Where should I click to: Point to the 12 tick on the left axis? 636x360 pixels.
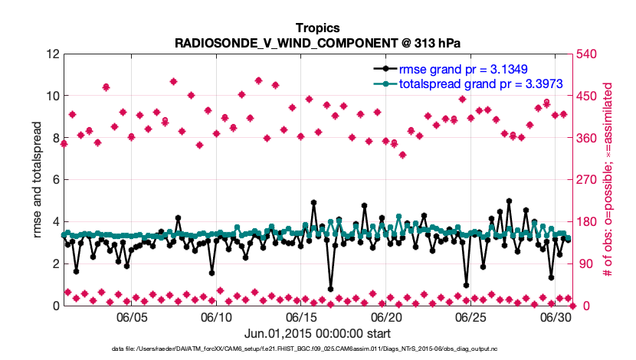(x=52, y=54)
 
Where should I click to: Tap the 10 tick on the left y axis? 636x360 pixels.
(x=52, y=97)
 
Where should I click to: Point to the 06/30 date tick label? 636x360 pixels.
(x=556, y=317)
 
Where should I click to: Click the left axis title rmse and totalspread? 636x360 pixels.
(x=38, y=180)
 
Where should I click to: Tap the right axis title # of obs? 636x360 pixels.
(x=607, y=180)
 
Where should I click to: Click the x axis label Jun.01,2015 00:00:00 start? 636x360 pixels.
(x=317, y=333)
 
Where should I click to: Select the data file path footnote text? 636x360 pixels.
(x=317, y=349)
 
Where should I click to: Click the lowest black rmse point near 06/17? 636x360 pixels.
(x=330, y=290)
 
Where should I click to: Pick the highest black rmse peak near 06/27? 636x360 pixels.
(x=509, y=201)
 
